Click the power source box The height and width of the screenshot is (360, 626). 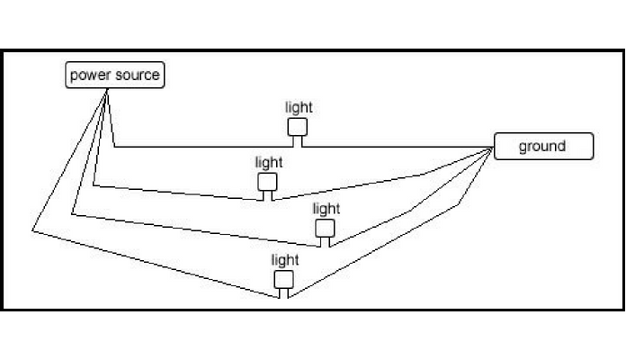pyautogui.click(x=116, y=75)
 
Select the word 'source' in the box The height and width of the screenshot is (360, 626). pyautogui.click(x=137, y=75)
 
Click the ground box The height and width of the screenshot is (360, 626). pyautogui.click(x=543, y=146)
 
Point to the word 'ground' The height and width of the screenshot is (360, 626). pyautogui.click(x=542, y=146)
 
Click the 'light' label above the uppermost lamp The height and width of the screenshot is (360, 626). pyautogui.click(x=299, y=108)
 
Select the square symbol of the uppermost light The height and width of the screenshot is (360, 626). pyautogui.click(x=298, y=127)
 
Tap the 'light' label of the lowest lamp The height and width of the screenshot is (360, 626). pyautogui.click(x=285, y=260)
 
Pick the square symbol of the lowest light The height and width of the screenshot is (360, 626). pyautogui.click(x=284, y=279)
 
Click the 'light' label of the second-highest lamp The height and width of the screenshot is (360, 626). pyautogui.click(x=268, y=163)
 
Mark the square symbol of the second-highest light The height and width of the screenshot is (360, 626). pyautogui.click(x=268, y=182)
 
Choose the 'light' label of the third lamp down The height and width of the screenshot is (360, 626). pyautogui.click(x=326, y=209)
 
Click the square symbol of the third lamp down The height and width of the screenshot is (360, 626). pyautogui.click(x=325, y=228)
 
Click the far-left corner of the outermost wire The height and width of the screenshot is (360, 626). pyautogui.click(x=32, y=230)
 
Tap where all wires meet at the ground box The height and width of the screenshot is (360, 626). pyautogui.click(x=493, y=148)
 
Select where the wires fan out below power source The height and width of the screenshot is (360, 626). pyautogui.click(x=107, y=89)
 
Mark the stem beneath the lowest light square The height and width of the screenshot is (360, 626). pyautogui.click(x=284, y=292)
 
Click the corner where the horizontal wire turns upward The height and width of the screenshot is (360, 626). pyautogui.click(x=115, y=146)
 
